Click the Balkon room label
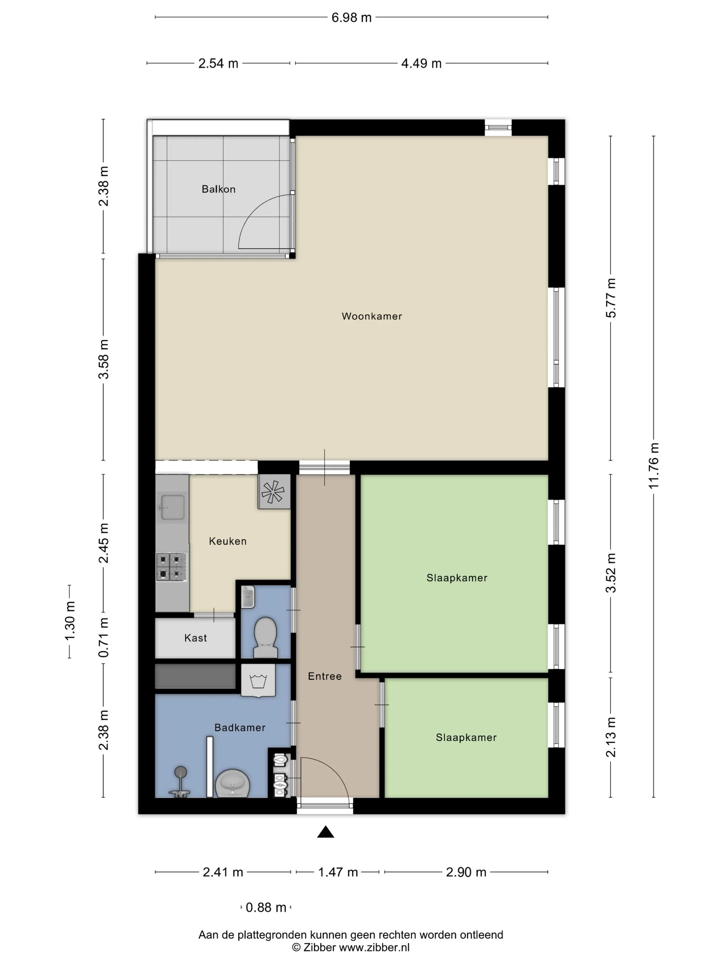pos(218,189)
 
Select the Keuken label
pos(228,541)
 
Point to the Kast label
pos(195,638)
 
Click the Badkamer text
pos(240,727)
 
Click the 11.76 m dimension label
pos(654,465)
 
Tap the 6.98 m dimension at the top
pos(351,18)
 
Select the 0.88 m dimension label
pos(266,907)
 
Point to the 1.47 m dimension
pos(338,872)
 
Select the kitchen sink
pos(172,507)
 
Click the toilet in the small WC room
pos(265,637)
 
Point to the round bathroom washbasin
pos(233,783)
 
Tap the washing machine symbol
pos(258,680)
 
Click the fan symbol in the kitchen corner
pos(274,492)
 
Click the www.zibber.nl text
pos(374,947)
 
